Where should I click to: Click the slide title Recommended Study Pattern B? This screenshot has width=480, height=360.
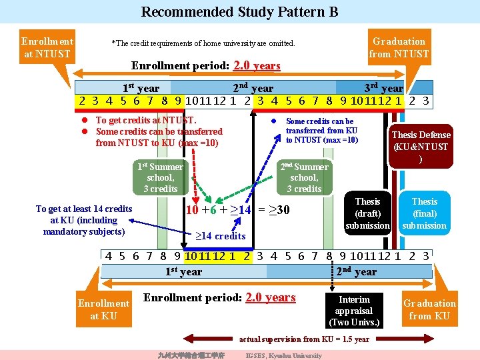(x=239, y=12)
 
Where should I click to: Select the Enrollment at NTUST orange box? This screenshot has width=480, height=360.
(x=47, y=47)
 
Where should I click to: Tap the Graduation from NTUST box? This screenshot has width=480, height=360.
(x=399, y=47)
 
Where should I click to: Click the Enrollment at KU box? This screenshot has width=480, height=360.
(x=103, y=309)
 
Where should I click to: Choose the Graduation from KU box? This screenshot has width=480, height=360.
(x=429, y=309)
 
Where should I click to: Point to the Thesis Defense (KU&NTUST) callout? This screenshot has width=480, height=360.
(x=421, y=146)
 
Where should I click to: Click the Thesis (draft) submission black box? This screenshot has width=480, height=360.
(x=367, y=213)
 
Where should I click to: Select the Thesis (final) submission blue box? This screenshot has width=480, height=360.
(x=425, y=213)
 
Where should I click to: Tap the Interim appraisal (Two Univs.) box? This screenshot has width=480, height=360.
(x=354, y=311)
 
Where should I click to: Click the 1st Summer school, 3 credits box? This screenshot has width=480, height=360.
(x=160, y=177)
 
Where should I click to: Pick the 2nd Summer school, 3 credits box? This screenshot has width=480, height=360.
(x=304, y=177)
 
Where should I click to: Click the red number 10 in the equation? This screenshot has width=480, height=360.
(x=192, y=210)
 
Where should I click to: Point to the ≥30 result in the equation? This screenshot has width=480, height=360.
(x=280, y=210)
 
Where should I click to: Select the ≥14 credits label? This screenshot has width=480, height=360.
(x=221, y=236)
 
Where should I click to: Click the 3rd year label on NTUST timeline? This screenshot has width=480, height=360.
(x=383, y=88)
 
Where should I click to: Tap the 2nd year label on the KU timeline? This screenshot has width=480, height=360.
(x=356, y=271)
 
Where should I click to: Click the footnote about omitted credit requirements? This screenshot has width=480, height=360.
(x=203, y=43)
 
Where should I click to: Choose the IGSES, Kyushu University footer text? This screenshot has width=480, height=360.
(x=283, y=355)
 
